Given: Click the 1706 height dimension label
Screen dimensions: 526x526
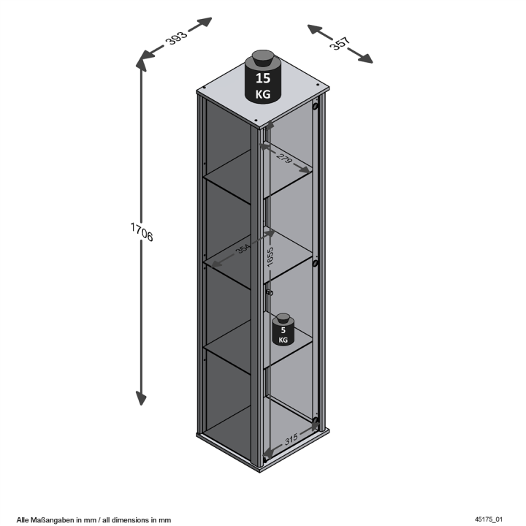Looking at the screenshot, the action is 142,232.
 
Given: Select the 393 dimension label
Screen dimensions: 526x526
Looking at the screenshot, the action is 176,38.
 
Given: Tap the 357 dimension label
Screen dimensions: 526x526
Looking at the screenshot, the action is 340,43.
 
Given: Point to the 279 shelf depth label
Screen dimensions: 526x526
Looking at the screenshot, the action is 284,157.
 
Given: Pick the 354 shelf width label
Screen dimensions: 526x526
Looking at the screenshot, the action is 243,249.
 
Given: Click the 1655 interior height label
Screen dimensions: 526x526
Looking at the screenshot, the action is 270,257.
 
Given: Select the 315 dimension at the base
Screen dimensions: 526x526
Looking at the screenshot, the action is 291,439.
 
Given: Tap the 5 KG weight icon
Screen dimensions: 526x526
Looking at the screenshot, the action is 283,329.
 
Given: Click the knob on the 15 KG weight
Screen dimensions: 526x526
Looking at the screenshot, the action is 263,58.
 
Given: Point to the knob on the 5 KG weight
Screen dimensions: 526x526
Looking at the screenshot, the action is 283,318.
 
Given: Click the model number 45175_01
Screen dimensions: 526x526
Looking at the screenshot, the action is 489,519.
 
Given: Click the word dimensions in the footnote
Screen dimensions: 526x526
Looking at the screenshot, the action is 129,520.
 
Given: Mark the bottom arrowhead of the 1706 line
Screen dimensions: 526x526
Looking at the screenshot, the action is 141,398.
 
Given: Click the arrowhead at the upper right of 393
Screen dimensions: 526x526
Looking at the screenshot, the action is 204,22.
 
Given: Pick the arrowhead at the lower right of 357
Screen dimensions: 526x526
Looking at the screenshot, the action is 365,59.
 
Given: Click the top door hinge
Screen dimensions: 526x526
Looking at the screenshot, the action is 315,107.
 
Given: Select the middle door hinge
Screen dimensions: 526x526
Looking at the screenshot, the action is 315,263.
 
